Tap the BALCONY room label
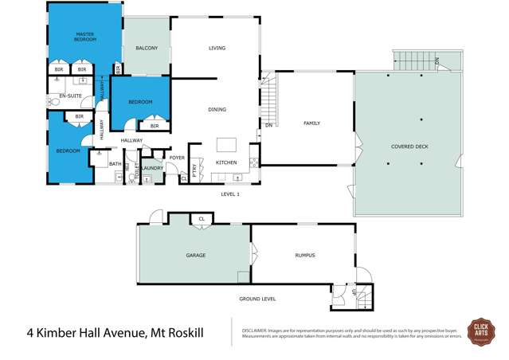click(x=146, y=49)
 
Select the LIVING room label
click(x=217, y=49)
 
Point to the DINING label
click(x=217, y=110)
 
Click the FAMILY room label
click(x=311, y=123)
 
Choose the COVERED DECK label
click(x=409, y=147)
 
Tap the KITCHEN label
click(x=227, y=162)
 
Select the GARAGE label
click(x=196, y=255)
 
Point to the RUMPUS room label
click(x=305, y=255)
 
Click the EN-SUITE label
click(x=71, y=96)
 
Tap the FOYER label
click(x=176, y=158)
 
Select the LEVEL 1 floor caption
click(x=230, y=194)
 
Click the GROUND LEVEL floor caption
click(x=257, y=299)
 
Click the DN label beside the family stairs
click(x=269, y=125)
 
